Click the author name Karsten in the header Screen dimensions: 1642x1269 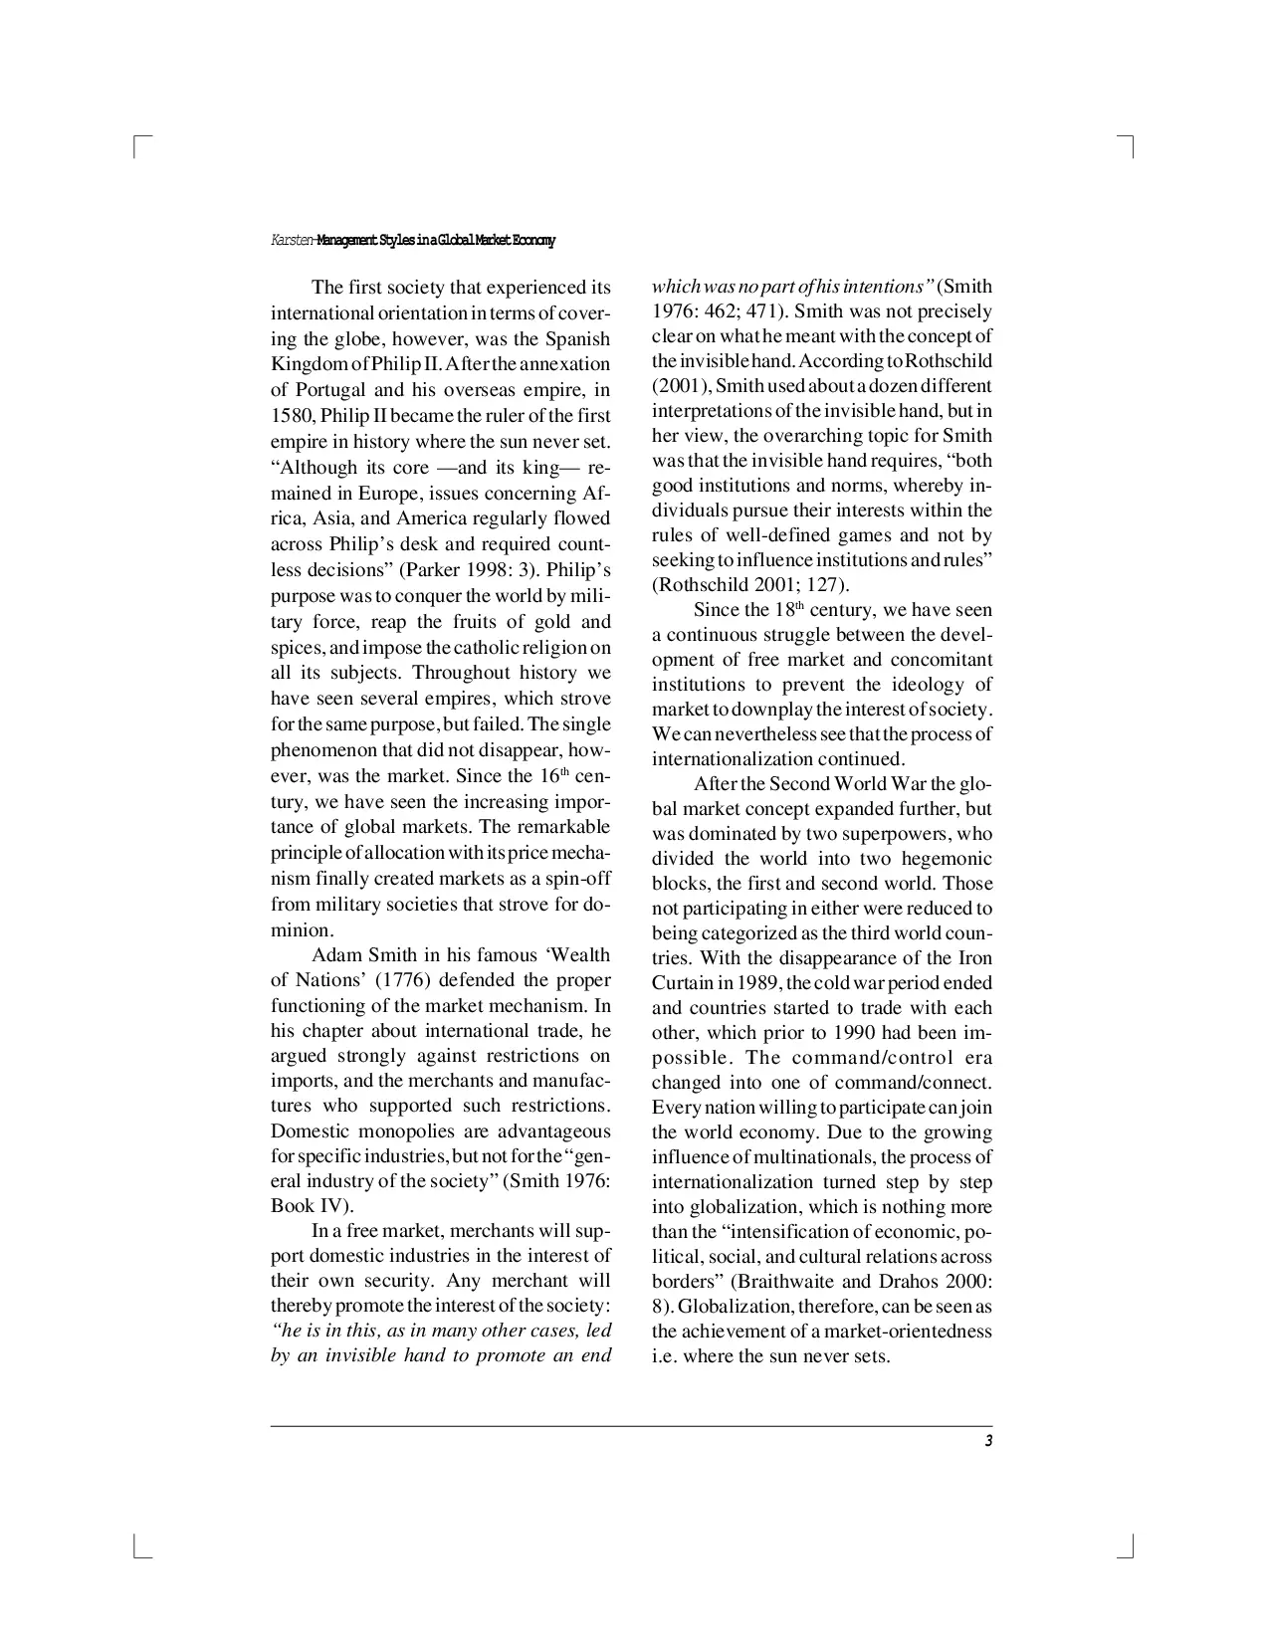[x=291, y=241]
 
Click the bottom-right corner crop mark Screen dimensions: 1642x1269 [x=1130, y=1548]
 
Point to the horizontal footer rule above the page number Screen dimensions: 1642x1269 [x=631, y=1426]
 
